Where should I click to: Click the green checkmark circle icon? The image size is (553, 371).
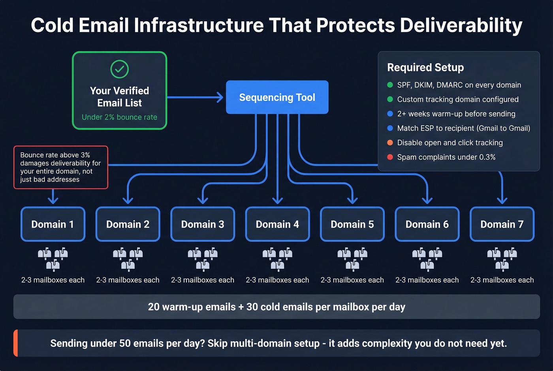119,69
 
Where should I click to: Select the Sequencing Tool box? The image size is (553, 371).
277,97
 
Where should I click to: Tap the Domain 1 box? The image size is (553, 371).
53,224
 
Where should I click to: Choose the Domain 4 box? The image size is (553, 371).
277,224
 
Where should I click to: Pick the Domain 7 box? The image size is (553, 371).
502,224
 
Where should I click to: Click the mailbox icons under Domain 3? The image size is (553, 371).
203,259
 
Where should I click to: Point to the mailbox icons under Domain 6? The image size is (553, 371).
427,259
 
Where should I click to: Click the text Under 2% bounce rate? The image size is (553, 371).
119,117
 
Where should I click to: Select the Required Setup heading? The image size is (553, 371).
425,68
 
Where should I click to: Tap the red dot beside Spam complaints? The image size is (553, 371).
390,157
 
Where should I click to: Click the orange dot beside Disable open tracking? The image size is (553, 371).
390,143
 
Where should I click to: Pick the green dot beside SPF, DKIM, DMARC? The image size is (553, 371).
390,85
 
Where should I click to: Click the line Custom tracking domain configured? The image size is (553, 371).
457,99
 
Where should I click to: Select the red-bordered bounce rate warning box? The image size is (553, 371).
61,167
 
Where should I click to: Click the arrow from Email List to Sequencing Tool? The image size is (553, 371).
196,97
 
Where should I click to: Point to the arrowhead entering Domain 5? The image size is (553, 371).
352,201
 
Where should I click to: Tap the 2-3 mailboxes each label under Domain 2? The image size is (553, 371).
128,280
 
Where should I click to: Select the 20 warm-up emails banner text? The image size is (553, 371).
276,307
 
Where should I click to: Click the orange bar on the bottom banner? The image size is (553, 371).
16,343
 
